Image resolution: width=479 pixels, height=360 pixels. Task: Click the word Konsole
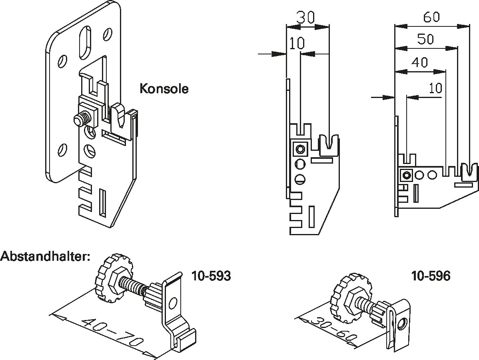point(164,88)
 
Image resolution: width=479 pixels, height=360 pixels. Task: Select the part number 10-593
point(211,276)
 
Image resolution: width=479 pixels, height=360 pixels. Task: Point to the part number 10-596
point(430,276)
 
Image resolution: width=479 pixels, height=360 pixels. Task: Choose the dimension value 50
point(425,39)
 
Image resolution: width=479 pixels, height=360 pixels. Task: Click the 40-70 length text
point(112,332)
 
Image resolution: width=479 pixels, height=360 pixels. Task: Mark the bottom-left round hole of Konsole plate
point(62,150)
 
